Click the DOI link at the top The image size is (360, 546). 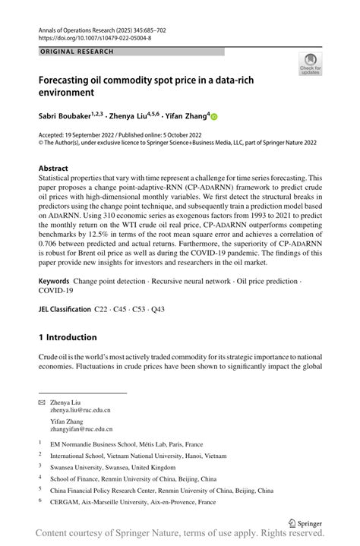tap(94, 37)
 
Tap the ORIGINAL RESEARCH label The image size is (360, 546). tap(76, 52)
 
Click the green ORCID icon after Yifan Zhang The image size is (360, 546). tap(213, 117)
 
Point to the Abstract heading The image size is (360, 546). tap(56, 168)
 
